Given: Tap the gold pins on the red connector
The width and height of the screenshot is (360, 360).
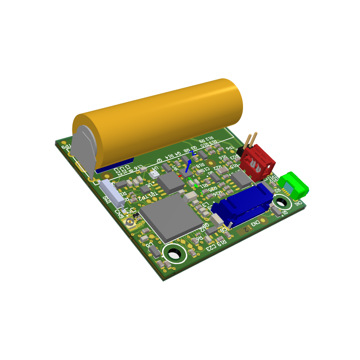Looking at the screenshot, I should [251, 140].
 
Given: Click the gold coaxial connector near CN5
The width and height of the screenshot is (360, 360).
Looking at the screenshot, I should [131, 221].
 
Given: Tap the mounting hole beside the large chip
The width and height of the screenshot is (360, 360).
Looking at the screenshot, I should [174, 254].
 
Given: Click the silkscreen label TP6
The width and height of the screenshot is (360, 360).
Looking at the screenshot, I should [229, 148].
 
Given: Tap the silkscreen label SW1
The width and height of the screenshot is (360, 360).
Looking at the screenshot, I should [106, 200].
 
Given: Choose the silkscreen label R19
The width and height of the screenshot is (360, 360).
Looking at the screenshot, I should [220, 243].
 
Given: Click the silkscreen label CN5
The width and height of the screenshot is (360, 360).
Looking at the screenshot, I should [119, 212].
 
